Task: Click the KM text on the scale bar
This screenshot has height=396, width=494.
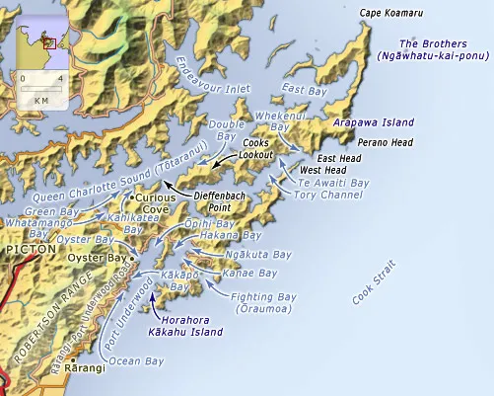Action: click(x=40, y=100)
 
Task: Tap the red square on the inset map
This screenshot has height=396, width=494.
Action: click(x=48, y=43)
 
